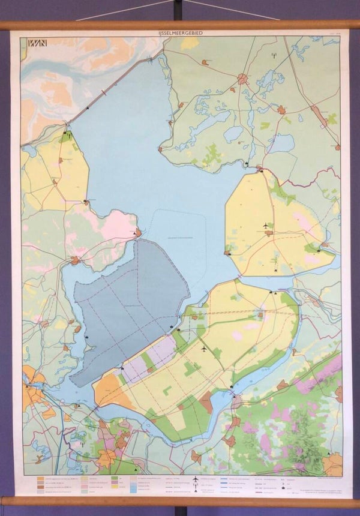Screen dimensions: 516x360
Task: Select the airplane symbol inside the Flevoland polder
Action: coord(203,349)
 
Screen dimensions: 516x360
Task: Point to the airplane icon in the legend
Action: coord(196,479)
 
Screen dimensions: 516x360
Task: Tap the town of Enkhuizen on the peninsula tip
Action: coord(138,232)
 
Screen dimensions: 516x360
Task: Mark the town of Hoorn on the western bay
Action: coord(74,260)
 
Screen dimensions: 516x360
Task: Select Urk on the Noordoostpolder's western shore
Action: coord(228,253)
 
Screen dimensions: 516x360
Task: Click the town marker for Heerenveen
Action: coord(281,109)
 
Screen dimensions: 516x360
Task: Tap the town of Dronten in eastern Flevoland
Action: coord(260,314)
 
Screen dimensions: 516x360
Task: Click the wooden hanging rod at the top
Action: coord(180,25)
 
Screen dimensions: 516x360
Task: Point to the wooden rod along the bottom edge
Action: coord(180,500)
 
